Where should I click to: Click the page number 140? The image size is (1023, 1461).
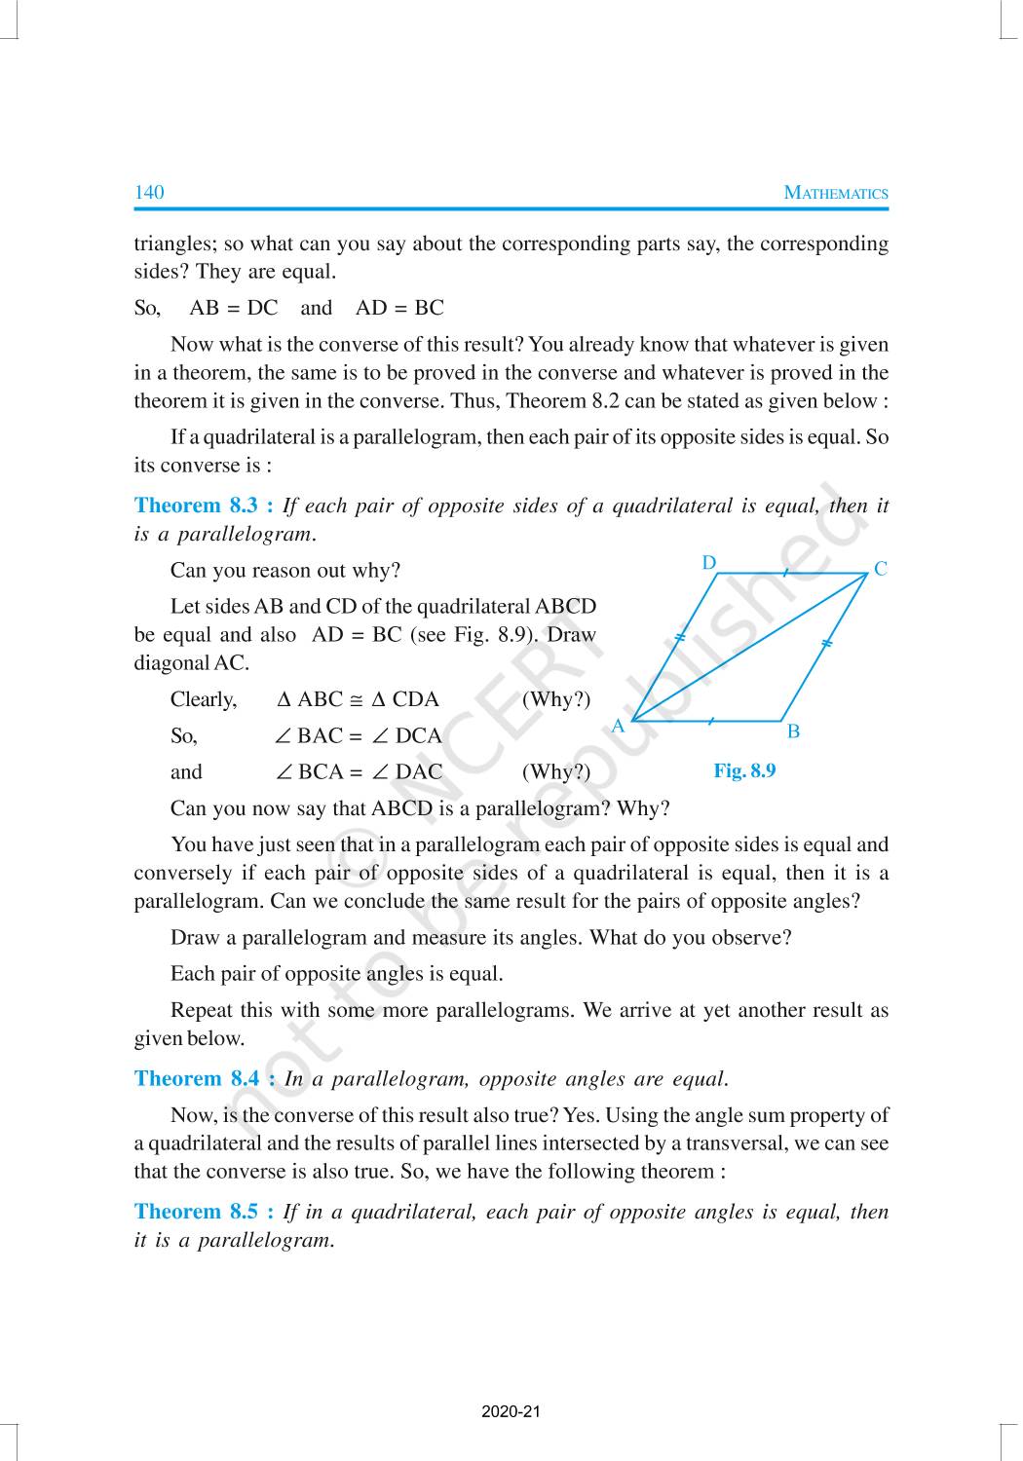[x=149, y=192]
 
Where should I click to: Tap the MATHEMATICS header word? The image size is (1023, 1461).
[x=836, y=193]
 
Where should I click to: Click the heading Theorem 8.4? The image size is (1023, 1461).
[x=204, y=1078]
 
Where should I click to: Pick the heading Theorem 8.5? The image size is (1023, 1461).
[x=204, y=1212]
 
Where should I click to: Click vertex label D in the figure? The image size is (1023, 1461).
[x=709, y=563]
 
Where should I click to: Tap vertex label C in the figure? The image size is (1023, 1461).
[x=881, y=569]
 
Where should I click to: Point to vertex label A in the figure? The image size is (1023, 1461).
[x=618, y=726]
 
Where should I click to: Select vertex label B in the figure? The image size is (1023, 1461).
[x=793, y=731]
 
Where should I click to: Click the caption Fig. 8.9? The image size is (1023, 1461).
[x=744, y=770]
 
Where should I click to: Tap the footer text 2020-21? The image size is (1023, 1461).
[x=511, y=1411]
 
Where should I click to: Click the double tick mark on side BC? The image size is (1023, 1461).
[x=826, y=644]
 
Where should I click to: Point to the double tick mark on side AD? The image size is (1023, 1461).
[x=680, y=638]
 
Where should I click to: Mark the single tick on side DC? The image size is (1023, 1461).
[x=785, y=573]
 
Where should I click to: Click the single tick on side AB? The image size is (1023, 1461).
[x=711, y=722]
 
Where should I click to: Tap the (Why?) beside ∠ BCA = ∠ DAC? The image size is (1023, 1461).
[x=556, y=772]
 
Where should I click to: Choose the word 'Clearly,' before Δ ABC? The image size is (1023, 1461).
[x=204, y=699]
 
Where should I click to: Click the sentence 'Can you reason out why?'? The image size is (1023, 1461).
[x=285, y=570]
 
